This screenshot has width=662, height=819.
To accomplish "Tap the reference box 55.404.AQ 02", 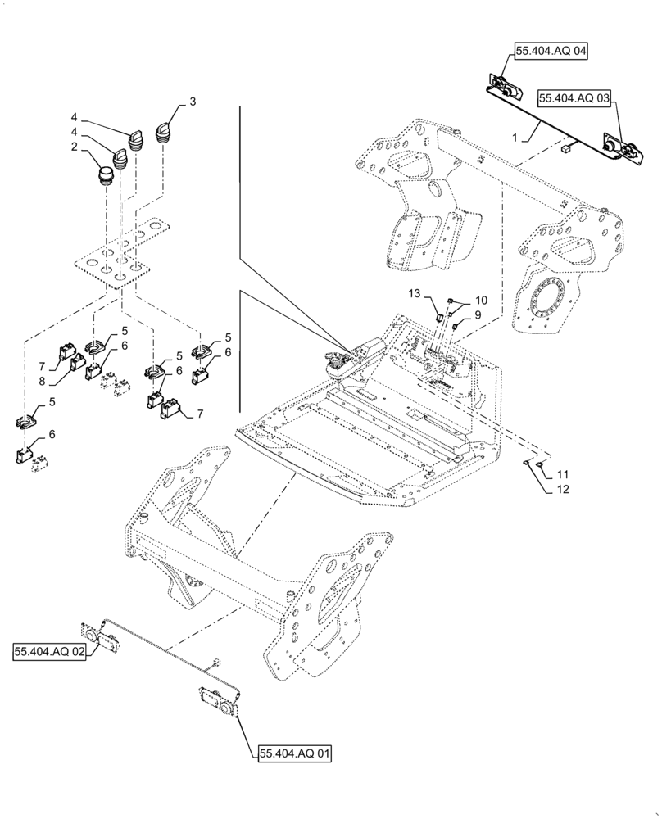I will click(x=49, y=652).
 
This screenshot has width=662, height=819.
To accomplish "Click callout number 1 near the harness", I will click(x=515, y=138).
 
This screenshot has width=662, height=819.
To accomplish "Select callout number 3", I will click(x=193, y=102).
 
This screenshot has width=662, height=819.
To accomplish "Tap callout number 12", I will click(x=561, y=490).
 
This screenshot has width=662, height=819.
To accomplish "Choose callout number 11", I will click(x=562, y=475).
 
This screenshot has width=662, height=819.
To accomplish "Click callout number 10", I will click(x=480, y=300).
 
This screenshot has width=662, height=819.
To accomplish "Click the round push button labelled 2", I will click(x=106, y=175).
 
